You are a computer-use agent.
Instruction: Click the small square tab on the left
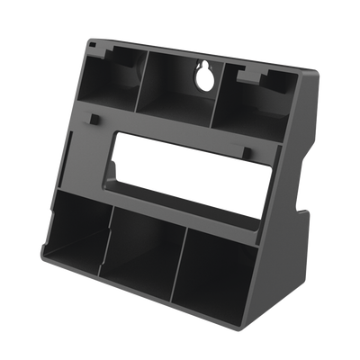pos(94,118)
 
